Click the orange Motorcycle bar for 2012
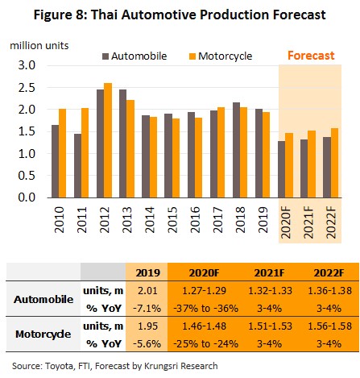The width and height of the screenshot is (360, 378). tap(108, 140)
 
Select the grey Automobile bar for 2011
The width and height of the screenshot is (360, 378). tap(78, 166)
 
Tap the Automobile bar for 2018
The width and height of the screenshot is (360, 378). tap(237, 150)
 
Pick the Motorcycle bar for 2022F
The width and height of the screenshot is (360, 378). tap(334, 163)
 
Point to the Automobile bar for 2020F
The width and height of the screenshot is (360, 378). tap(282, 169)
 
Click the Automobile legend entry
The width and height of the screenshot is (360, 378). tap(134, 56)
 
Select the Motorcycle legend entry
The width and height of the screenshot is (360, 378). tap(221, 56)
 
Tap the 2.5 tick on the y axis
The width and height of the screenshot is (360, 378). tap(27, 88)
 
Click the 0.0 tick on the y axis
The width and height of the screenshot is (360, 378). tap(27, 197)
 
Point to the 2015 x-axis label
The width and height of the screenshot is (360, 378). tap(172, 220)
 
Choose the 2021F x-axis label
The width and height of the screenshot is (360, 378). tap(308, 222)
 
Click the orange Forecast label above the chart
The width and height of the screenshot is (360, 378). tap(311, 56)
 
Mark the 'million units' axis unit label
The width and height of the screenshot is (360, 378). tap(39, 46)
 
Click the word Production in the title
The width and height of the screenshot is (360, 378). tap(234, 15)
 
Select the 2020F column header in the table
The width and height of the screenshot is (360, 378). tap(204, 273)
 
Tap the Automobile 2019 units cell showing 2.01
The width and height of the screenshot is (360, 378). tap(147, 291)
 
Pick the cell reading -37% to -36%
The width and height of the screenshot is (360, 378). tap(206, 308)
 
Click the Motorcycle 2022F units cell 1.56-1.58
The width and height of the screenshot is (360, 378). tap(329, 326)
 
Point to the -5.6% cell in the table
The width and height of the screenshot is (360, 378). tap(147, 343)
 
